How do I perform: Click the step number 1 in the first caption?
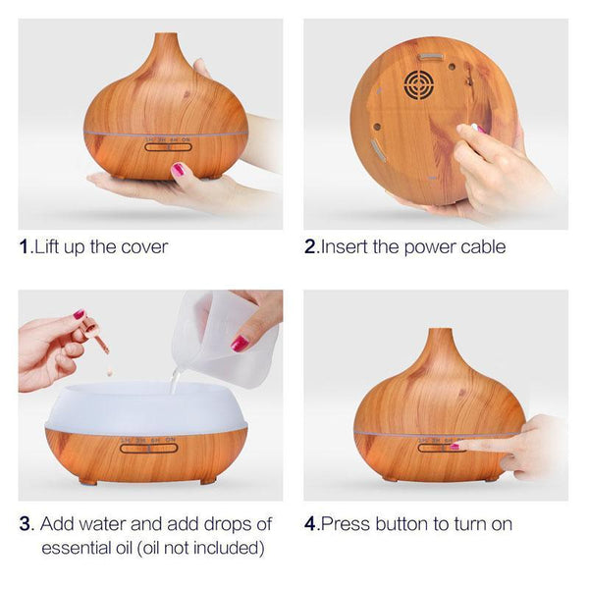[x=25, y=246]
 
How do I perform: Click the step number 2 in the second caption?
[x=310, y=246]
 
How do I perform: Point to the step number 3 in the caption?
[x=26, y=524]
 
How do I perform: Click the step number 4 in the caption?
[x=310, y=524]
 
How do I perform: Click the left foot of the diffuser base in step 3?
[x=87, y=481]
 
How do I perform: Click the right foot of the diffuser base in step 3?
[x=208, y=480]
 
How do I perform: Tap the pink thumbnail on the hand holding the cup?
[x=240, y=344]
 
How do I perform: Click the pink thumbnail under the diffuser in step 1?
[x=178, y=169]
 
